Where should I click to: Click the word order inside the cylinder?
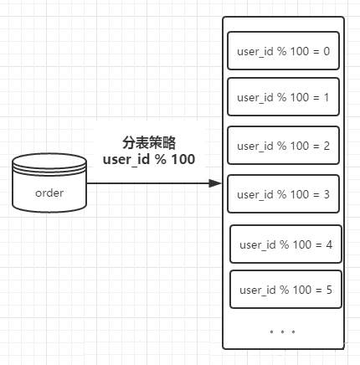click(50, 193)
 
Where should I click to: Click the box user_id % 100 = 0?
click(283, 52)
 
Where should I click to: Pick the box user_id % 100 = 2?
click(283, 147)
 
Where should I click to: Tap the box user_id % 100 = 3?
click(283, 194)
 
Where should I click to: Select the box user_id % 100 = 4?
click(285, 244)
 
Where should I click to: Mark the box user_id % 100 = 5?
click(285, 290)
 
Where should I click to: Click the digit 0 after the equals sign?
click(326, 52)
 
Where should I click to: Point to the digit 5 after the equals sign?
click(328, 290)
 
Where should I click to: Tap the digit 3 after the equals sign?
click(326, 194)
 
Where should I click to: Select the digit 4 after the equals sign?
click(328, 244)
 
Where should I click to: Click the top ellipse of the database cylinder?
click(50, 162)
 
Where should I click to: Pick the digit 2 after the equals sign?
click(326, 147)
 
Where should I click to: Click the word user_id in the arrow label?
click(123, 158)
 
